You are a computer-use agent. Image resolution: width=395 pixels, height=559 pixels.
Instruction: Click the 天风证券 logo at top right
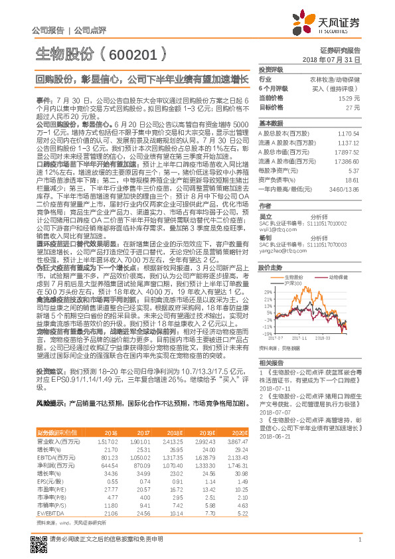coord(337,24)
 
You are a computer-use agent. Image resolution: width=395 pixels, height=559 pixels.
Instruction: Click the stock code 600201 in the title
coord(126,52)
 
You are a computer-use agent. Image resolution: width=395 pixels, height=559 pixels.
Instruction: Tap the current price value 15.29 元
coord(351,98)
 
